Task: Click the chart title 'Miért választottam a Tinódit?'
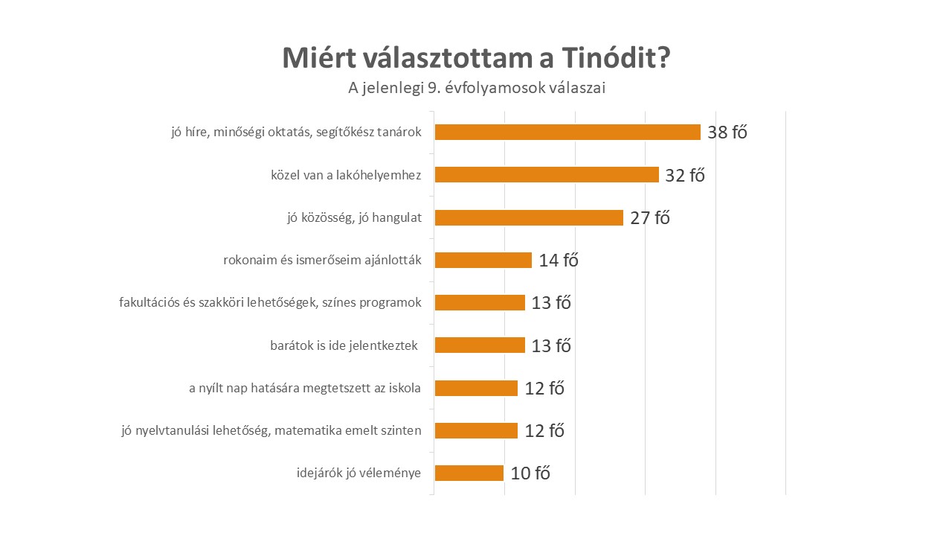click(476, 57)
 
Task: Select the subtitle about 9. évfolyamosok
click(477, 88)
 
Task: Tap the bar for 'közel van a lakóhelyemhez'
click(547, 175)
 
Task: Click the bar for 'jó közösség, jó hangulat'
click(529, 217)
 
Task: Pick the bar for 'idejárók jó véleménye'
click(469, 473)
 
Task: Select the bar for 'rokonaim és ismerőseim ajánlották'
click(483, 260)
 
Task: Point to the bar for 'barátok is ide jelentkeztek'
click(480, 345)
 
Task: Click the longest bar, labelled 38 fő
click(567, 132)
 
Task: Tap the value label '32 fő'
click(685, 176)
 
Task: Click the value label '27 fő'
click(650, 218)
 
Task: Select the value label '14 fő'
click(559, 261)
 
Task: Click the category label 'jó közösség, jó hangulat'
click(354, 218)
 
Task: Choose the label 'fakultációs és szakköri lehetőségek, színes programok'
click(270, 303)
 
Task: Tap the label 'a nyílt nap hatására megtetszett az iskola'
click(305, 388)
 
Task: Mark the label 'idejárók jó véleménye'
click(358, 473)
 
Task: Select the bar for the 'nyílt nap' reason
click(476, 388)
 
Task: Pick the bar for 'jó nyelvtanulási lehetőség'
click(476, 430)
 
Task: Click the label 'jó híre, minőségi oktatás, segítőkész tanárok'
click(296, 133)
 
